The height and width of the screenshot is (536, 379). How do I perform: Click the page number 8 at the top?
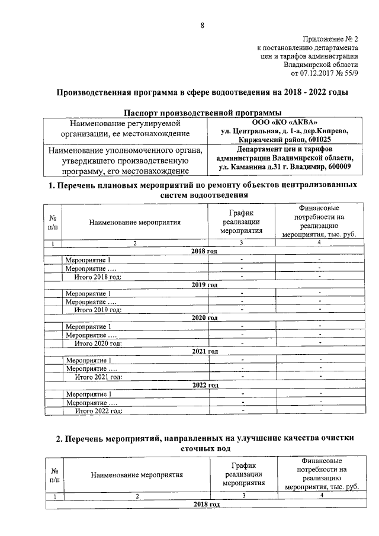pos(202,25)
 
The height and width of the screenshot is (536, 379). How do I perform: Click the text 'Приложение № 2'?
pos(329,38)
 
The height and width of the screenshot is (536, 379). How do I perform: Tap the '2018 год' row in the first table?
pos(204,251)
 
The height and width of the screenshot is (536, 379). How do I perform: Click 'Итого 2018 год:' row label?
pos(98,276)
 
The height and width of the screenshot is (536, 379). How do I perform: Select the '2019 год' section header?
pos(204,285)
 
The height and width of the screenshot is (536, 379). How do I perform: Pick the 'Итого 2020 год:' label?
pos(98,343)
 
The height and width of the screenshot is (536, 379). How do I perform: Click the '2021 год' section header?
pos(204,351)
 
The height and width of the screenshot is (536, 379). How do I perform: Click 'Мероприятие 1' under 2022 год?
pos(88,394)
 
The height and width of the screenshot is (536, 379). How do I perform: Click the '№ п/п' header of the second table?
pos(53,474)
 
